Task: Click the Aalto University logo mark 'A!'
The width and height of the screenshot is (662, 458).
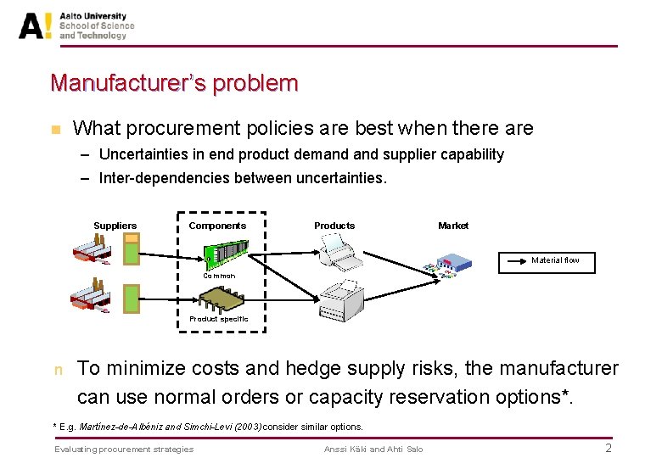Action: pos(35,25)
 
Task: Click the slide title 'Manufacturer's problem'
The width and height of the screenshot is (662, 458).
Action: pos(174,83)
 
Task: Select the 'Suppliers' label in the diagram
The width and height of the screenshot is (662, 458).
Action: pos(115,226)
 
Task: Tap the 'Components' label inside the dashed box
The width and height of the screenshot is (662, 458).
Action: pos(217,226)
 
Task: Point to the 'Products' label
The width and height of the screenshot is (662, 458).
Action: pos(334,226)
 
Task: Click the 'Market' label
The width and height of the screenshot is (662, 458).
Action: pos(452,226)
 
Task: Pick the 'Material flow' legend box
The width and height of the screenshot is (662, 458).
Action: pos(546,261)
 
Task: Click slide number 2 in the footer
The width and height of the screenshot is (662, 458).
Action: pos(608,448)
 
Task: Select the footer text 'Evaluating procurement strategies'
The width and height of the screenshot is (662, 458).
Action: pos(124,449)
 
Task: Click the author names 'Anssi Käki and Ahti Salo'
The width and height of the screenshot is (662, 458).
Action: pos(373,449)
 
